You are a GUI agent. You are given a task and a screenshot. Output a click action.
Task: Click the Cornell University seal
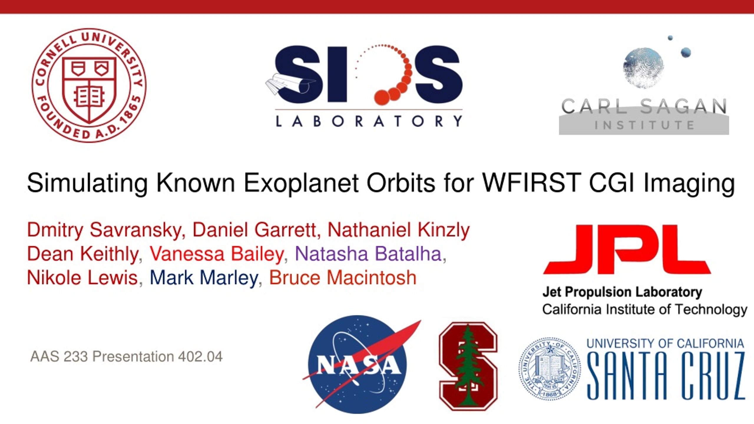click(x=89, y=85)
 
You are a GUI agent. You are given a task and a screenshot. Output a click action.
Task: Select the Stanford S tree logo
click(x=468, y=366)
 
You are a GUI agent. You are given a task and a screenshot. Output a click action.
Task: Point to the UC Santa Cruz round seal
click(x=550, y=369)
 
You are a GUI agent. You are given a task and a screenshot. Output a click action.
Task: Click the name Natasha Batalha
click(x=368, y=254)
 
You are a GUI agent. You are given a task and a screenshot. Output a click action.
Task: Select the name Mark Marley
click(x=204, y=278)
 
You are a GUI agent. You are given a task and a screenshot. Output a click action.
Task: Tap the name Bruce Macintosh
click(x=343, y=278)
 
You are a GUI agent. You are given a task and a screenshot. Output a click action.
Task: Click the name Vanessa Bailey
click(x=217, y=254)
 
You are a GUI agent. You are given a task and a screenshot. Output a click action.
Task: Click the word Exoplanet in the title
click(x=301, y=183)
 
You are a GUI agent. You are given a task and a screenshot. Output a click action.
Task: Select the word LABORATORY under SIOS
click(x=369, y=121)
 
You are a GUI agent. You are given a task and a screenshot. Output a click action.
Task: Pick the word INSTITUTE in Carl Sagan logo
click(x=644, y=125)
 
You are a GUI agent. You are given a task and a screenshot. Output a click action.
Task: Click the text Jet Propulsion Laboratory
click(x=622, y=292)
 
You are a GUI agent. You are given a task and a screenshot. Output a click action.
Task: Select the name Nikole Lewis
click(x=82, y=278)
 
